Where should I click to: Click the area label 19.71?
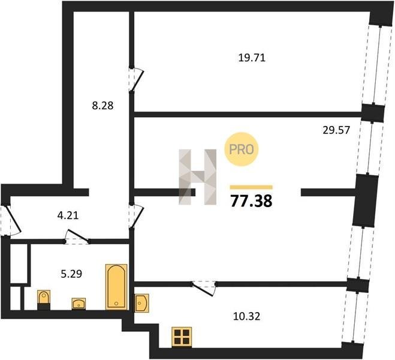[x=252, y=58]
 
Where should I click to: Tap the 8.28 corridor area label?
[x=102, y=106]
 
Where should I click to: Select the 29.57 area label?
[x=336, y=130]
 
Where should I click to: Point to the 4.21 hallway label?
[x=68, y=215]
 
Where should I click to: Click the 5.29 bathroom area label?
[x=71, y=274]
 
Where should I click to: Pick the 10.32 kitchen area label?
[x=246, y=316]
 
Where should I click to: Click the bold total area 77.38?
[x=251, y=201]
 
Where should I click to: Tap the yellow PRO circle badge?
[x=242, y=149]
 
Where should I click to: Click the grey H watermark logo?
[x=198, y=177]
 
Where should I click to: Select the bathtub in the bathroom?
[x=116, y=287]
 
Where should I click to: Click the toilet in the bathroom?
[x=44, y=299]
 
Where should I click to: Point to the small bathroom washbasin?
[x=79, y=304]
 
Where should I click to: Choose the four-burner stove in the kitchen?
[x=182, y=337]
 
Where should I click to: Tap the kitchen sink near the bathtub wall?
[x=141, y=303]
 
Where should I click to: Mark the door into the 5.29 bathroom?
[x=77, y=237]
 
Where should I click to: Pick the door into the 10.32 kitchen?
[x=204, y=288]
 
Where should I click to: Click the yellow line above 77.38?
[x=251, y=187]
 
